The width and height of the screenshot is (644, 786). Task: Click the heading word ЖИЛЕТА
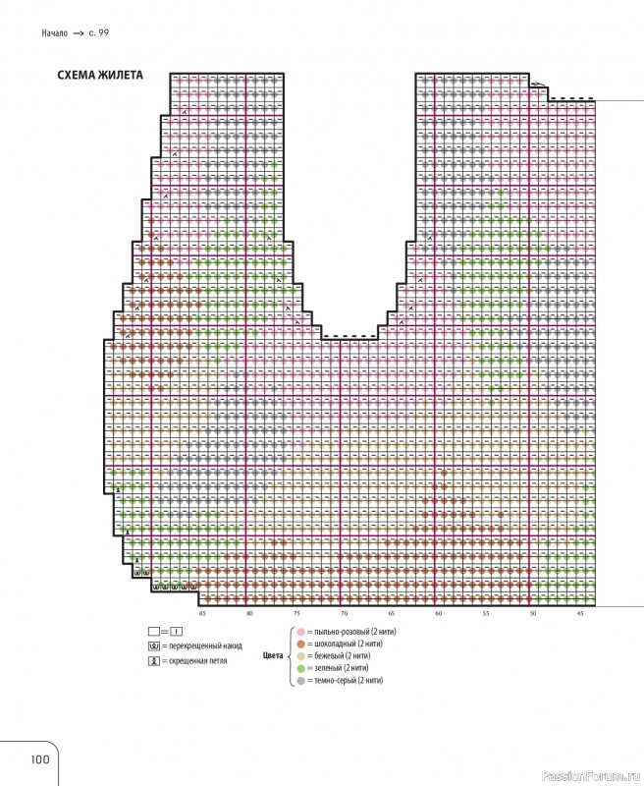pyautogui.click(x=121, y=75)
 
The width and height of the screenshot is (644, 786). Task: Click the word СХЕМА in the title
pyautogui.click(x=79, y=75)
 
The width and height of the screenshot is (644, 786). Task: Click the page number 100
pyautogui.click(x=40, y=758)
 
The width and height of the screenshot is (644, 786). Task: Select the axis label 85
pyautogui.click(x=202, y=613)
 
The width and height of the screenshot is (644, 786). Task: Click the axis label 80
pyautogui.click(x=249, y=613)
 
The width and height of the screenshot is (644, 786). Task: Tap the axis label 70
pyautogui.click(x=344, y=613)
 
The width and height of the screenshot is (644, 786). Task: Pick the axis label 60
pyautogui.click(x=439, y=613)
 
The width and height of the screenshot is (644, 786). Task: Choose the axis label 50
pyautogui.click(x=533, y=613)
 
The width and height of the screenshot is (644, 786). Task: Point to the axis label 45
pyautogui.click(x=580, y=613)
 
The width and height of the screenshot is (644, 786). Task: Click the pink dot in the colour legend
pyautogui.click(x=299, y=629)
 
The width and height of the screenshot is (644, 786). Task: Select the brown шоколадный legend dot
pyautogui.click(x=299, y=642)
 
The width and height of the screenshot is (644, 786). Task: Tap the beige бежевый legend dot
pyautogui.click(x=299, y=654)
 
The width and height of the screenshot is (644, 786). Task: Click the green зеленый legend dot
pyautogui.click(x=299, y=667)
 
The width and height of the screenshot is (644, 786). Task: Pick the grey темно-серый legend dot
pyautogui.click(x=299, y=680)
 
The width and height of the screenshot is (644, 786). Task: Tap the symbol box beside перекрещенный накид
pyautogui.click(x=153, y=646)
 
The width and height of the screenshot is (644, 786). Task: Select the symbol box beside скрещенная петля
pyautogui.click(x=153, y=662)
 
